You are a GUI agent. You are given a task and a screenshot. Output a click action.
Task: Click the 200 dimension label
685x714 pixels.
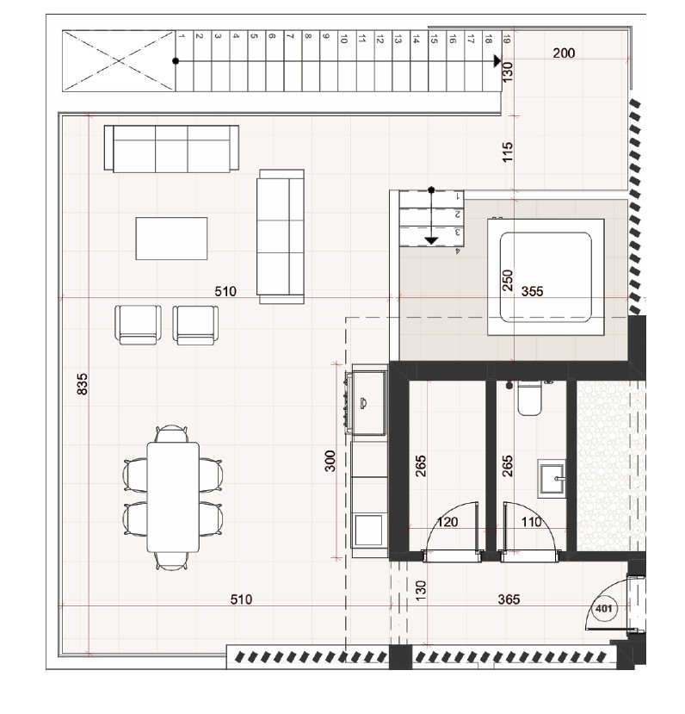tap(564, 53)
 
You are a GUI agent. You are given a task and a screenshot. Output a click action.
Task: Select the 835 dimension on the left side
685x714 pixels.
tap(83, 384)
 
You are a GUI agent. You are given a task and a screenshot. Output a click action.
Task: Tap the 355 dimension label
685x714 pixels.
tap(534, 292)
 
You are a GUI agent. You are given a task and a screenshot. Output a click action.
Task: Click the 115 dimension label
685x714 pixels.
tap(507, 153)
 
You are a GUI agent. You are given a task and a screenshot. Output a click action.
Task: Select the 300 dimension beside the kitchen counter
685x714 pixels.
tap(330, 462)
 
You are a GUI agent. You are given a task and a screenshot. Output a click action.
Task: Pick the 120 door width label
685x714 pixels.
tap(447, 522)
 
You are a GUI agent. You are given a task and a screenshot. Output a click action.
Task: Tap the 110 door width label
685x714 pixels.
tap(531, 522)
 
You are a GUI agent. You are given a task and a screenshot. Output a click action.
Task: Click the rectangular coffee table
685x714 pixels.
tap(171, 239)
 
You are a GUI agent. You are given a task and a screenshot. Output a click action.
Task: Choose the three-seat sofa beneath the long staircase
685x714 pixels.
tap(171, 148)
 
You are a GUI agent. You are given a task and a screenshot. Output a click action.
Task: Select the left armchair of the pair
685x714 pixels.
tap(138, 325)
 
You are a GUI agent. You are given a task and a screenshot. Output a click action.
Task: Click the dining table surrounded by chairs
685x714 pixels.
tap(173, 498)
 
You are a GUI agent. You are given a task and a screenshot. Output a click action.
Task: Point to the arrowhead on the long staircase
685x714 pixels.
tap(497, 61)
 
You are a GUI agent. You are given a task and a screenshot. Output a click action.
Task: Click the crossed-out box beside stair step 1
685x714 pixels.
tap(118, 60)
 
